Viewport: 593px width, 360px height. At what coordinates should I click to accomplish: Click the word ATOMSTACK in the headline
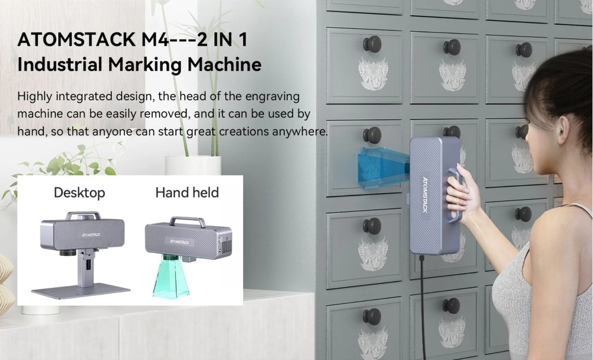[76, 39]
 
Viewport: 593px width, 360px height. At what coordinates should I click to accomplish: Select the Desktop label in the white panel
[79, 193]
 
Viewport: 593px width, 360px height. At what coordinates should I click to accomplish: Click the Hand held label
[187, 193]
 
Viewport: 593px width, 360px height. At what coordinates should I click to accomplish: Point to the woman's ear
[563, 130]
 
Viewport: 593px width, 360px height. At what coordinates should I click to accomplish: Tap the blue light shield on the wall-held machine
[383, 167]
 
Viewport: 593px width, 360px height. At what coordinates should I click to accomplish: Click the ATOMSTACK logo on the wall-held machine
[425, 194]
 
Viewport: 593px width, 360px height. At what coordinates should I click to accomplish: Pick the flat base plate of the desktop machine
[81, 291]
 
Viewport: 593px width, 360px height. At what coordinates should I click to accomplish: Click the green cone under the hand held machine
[171, 276]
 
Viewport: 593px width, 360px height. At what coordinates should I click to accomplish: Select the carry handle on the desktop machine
[83, 215]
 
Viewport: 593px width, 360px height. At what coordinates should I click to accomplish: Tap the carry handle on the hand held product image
[188, 221]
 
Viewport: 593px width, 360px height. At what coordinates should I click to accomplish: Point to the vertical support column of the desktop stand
[86, 269]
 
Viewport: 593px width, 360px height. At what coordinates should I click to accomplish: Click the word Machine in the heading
[224, 65]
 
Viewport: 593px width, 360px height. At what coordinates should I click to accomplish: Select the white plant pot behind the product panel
[193, 166]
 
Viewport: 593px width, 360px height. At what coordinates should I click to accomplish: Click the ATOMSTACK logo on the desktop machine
[91, 235]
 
